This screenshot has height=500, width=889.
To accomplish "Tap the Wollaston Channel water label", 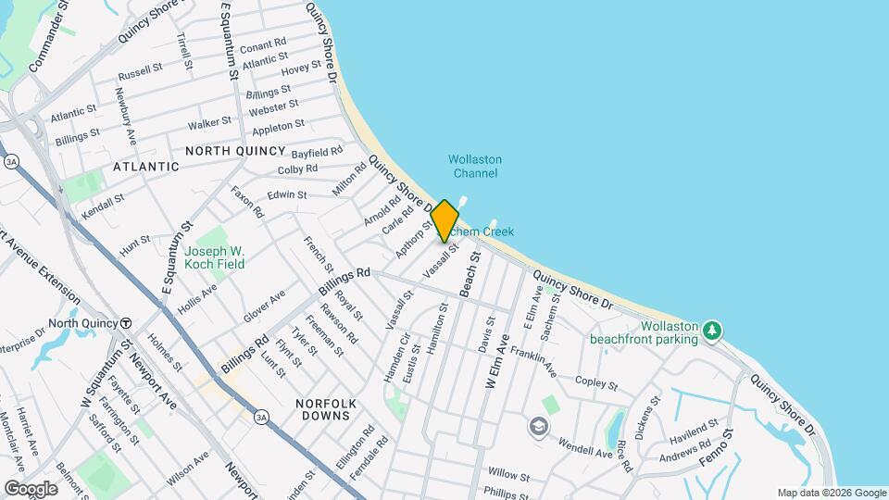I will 473,166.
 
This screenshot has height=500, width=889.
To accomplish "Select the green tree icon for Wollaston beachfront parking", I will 711,331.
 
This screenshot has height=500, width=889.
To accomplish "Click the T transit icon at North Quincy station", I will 125,323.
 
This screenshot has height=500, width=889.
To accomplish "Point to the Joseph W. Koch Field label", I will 214,256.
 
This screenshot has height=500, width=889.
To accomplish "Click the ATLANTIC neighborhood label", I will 145,167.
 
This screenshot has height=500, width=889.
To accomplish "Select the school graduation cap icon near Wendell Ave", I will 538,426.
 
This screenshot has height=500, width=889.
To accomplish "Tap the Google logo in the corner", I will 31,488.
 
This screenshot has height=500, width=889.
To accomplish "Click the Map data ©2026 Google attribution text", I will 832,493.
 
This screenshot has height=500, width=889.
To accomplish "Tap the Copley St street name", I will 596,382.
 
